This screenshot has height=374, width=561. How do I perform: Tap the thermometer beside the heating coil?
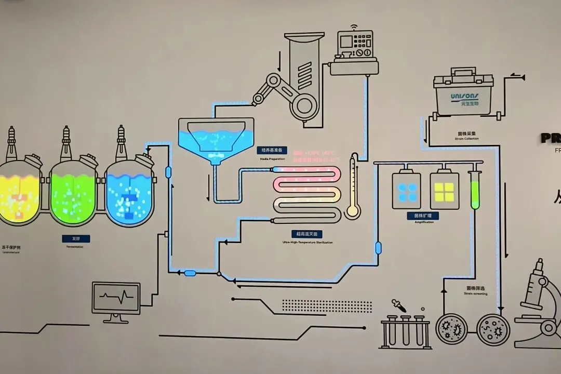(x=354, y=187)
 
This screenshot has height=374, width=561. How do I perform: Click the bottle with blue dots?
(x=407, y=191)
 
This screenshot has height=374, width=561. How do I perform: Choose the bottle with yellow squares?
(x=445, y=191)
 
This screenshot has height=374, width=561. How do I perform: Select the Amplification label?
(x=424, y=216)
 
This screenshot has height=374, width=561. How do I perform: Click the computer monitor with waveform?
(x=116, y=298)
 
